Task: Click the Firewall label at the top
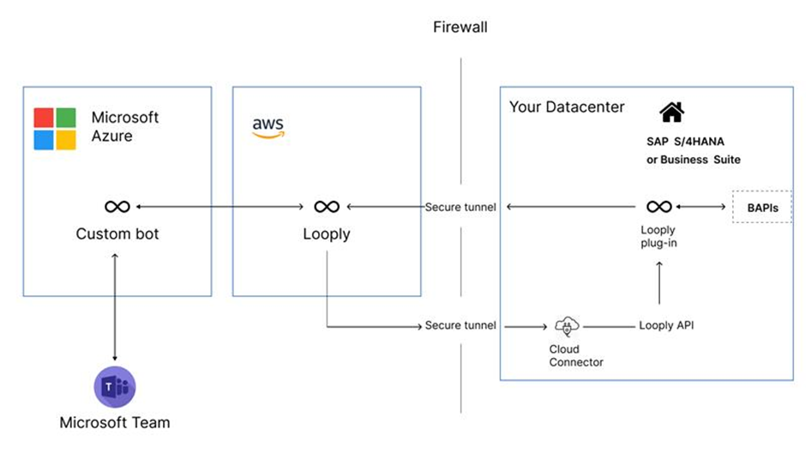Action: pyautogui.click(x=460, y=27)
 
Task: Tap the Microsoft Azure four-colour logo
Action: pyautogui.click(x=55, y=129)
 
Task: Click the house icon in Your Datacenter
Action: pyautogui.click(x=671, y=112)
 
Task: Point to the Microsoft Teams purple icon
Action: pyautogui.click(x=114, y=386)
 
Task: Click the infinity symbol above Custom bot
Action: pyautogui.click(x=117, y=207)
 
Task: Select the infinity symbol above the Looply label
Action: pyautogui.click(x=326, y=207)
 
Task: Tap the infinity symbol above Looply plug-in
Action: pyautogui.click(x=658, y=207)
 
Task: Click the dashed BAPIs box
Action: pyautogui.click(x=761, y=207)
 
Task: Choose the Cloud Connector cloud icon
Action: pyautogui.click(x=567, y=326)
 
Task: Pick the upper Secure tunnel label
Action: pyautogui.click(x=460, y=207)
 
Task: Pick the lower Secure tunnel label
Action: pyautogui.click(x=460, y=326)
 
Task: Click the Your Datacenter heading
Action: pyautogui.click(x=567, y=107)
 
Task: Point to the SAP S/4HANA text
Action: pyautogui.click(x=692, y=141)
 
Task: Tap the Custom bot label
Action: pyautogui.click(x=117, y=233)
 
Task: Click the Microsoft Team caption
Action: pyautogui.click(x=114, y=422)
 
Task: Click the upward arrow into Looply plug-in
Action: pyautogui.click(x=659, y=283)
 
